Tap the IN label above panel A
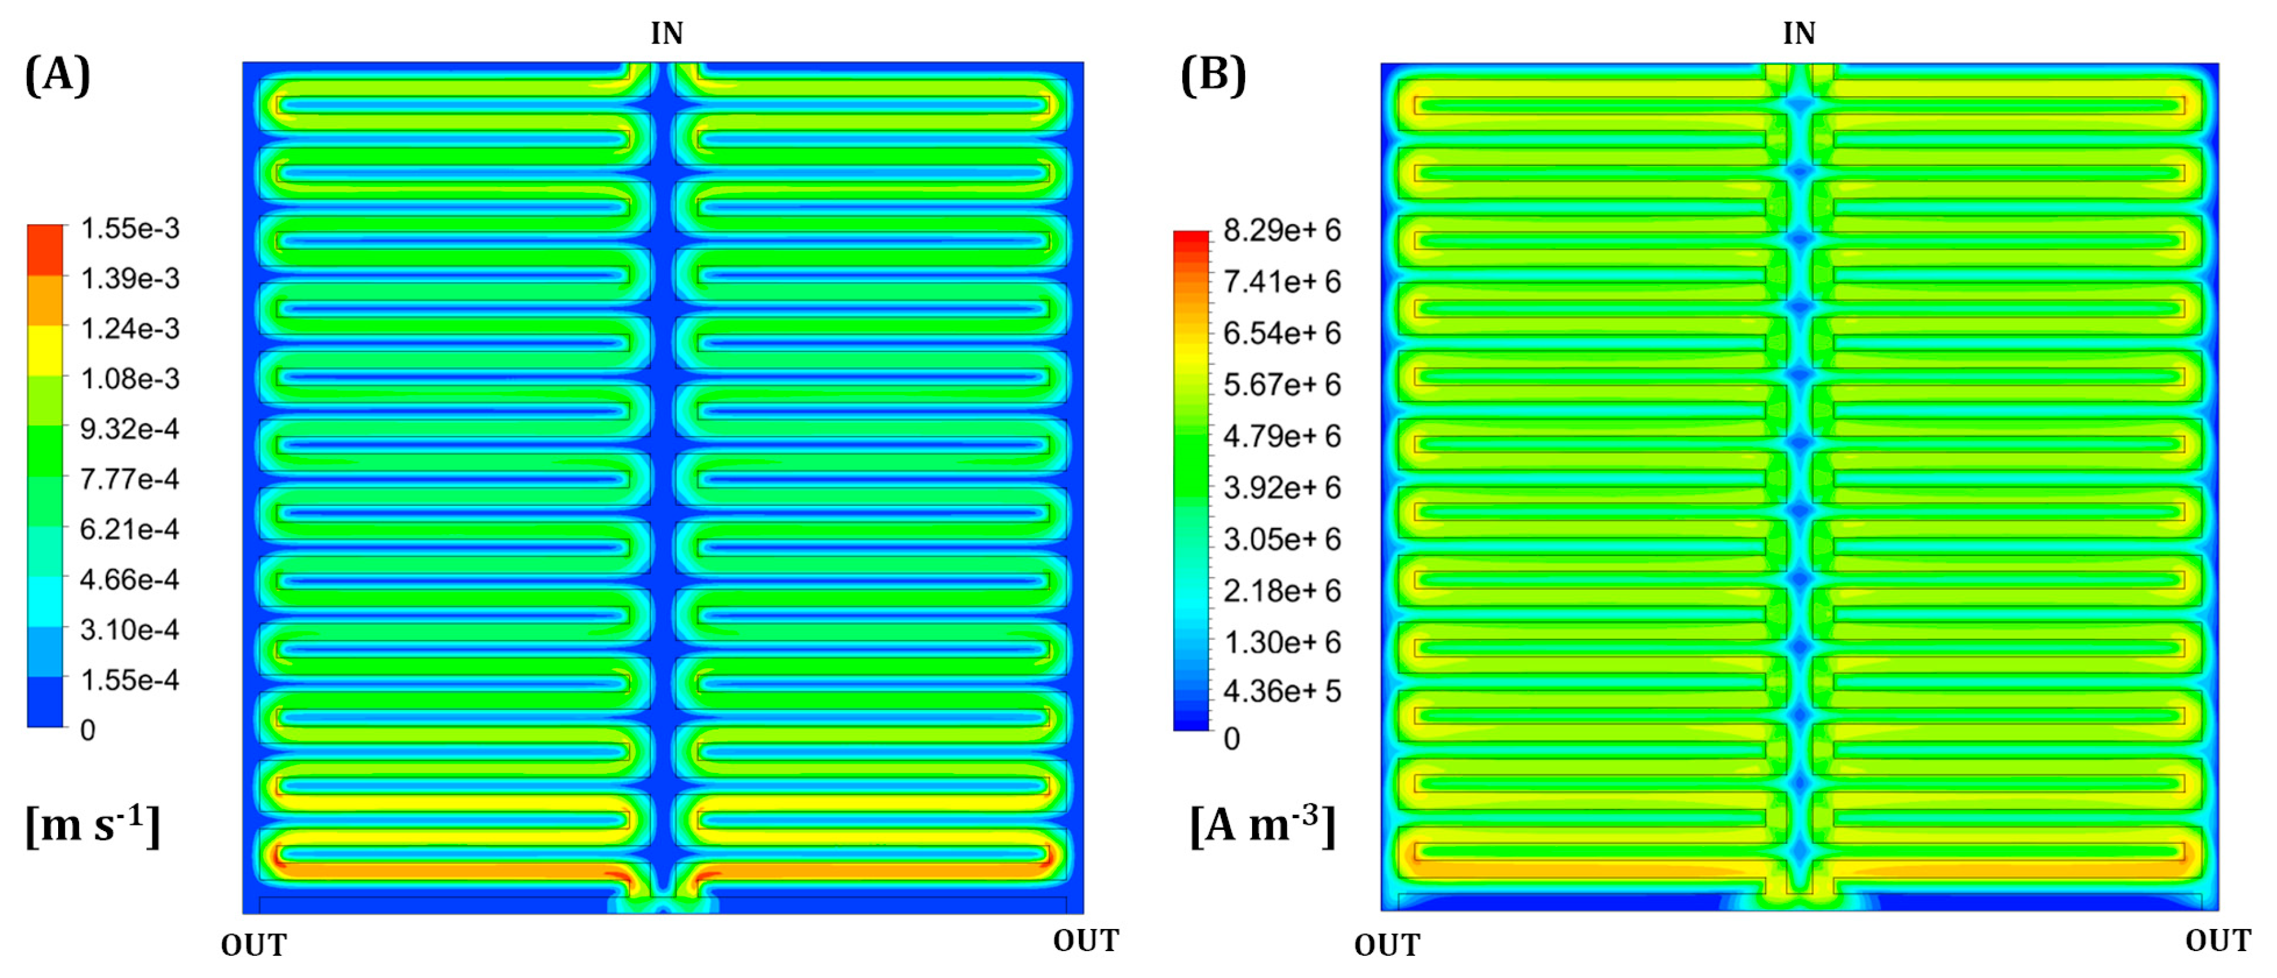tap(666, 34)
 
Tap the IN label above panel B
tap(1799, 34)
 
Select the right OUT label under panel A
tap(1086, 941)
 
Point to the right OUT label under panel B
tap(2218, 941)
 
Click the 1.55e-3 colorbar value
tap(130, 229)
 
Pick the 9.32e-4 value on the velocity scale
tap(130, 429)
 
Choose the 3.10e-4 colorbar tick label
tap(130, 630)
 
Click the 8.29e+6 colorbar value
tap(1282, 231)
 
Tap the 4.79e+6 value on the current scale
tap(1282, 437)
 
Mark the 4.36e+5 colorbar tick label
tap(1282, 691)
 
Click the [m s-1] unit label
tap(93, 825)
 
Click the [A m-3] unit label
tap(1262, 825)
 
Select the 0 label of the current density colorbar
tap(1231, 739)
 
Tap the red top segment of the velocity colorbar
tap(45, 249)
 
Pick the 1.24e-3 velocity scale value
tap(130, 329)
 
